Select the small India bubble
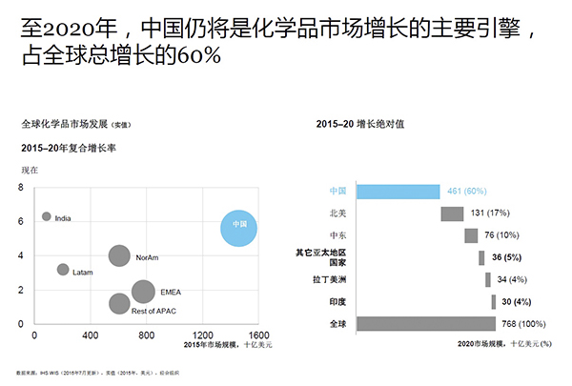click(x=46, y=216)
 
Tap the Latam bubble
click(x=63, y=270)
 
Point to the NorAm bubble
click(x=118, y=255)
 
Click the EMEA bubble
click(x=143, y=292)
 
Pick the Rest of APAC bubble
click(x=118, y=304)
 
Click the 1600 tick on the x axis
click(x=259, y=336)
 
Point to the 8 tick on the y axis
click(x=20, y=187)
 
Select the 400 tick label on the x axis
click(x=90, y=336)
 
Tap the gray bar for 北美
click(x=452, y=213)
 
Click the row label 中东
click(x=337, y=235)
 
